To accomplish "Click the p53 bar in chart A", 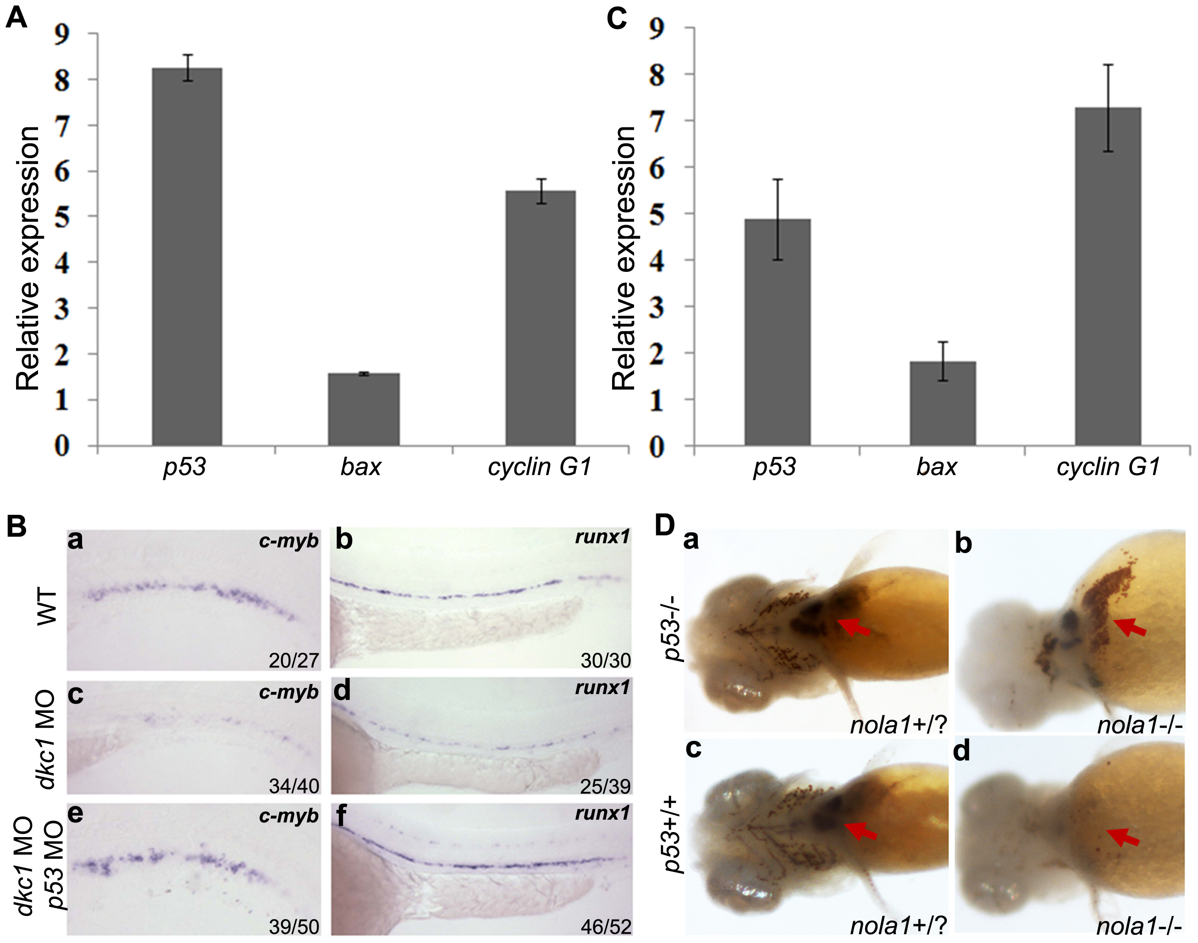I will pyautogui.click(x=187, y=257).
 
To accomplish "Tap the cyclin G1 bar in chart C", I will pyautogui.click(x=1108, y=276).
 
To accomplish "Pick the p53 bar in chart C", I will pyautogui.click(x=777, y=332).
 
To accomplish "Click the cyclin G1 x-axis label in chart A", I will pyautogui.click(x=539, y=467).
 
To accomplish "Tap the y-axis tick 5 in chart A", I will pyautogui.click(x=61, y=217).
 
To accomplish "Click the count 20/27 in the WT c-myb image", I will pyautogui.click(x=294, y=660).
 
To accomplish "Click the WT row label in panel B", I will pyautogui.click(x=48, y=606).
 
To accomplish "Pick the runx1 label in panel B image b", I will pyautogui.click(x=602, y=537).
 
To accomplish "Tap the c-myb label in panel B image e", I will pyautogui.click(x=289, y=816).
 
